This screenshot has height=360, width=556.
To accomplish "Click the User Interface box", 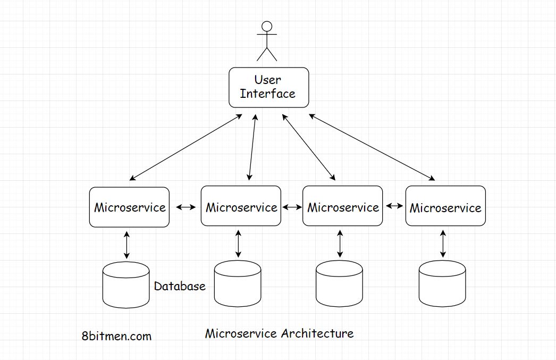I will click(268, 87).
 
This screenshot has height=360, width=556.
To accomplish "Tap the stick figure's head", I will click(267, 26).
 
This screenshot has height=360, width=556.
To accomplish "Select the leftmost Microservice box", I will click(129, 207).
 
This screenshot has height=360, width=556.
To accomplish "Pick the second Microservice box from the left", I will click(241, 207).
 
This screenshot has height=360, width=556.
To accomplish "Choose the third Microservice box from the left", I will click(342, 207).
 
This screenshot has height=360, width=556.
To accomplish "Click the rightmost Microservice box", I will click(445, 207).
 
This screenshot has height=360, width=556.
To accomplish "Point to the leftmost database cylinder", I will click(126, 285).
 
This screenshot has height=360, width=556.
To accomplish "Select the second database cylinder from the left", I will click(238, 285).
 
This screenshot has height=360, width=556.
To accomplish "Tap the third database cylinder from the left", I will click(339, 285).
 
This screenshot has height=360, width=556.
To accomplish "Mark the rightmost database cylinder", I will click(442, 285).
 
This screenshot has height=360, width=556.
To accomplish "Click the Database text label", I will click(180, 286).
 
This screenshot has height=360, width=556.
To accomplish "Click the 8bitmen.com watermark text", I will click(117, 336).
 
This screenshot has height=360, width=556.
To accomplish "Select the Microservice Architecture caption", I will click(279, 333).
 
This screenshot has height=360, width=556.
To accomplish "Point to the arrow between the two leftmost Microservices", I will click(186, 207).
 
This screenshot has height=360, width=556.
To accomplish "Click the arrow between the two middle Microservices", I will click(292, 207).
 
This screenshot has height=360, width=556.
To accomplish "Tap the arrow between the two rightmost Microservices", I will click(394, 206).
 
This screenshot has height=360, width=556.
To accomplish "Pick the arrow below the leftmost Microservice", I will click(127, 245).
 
